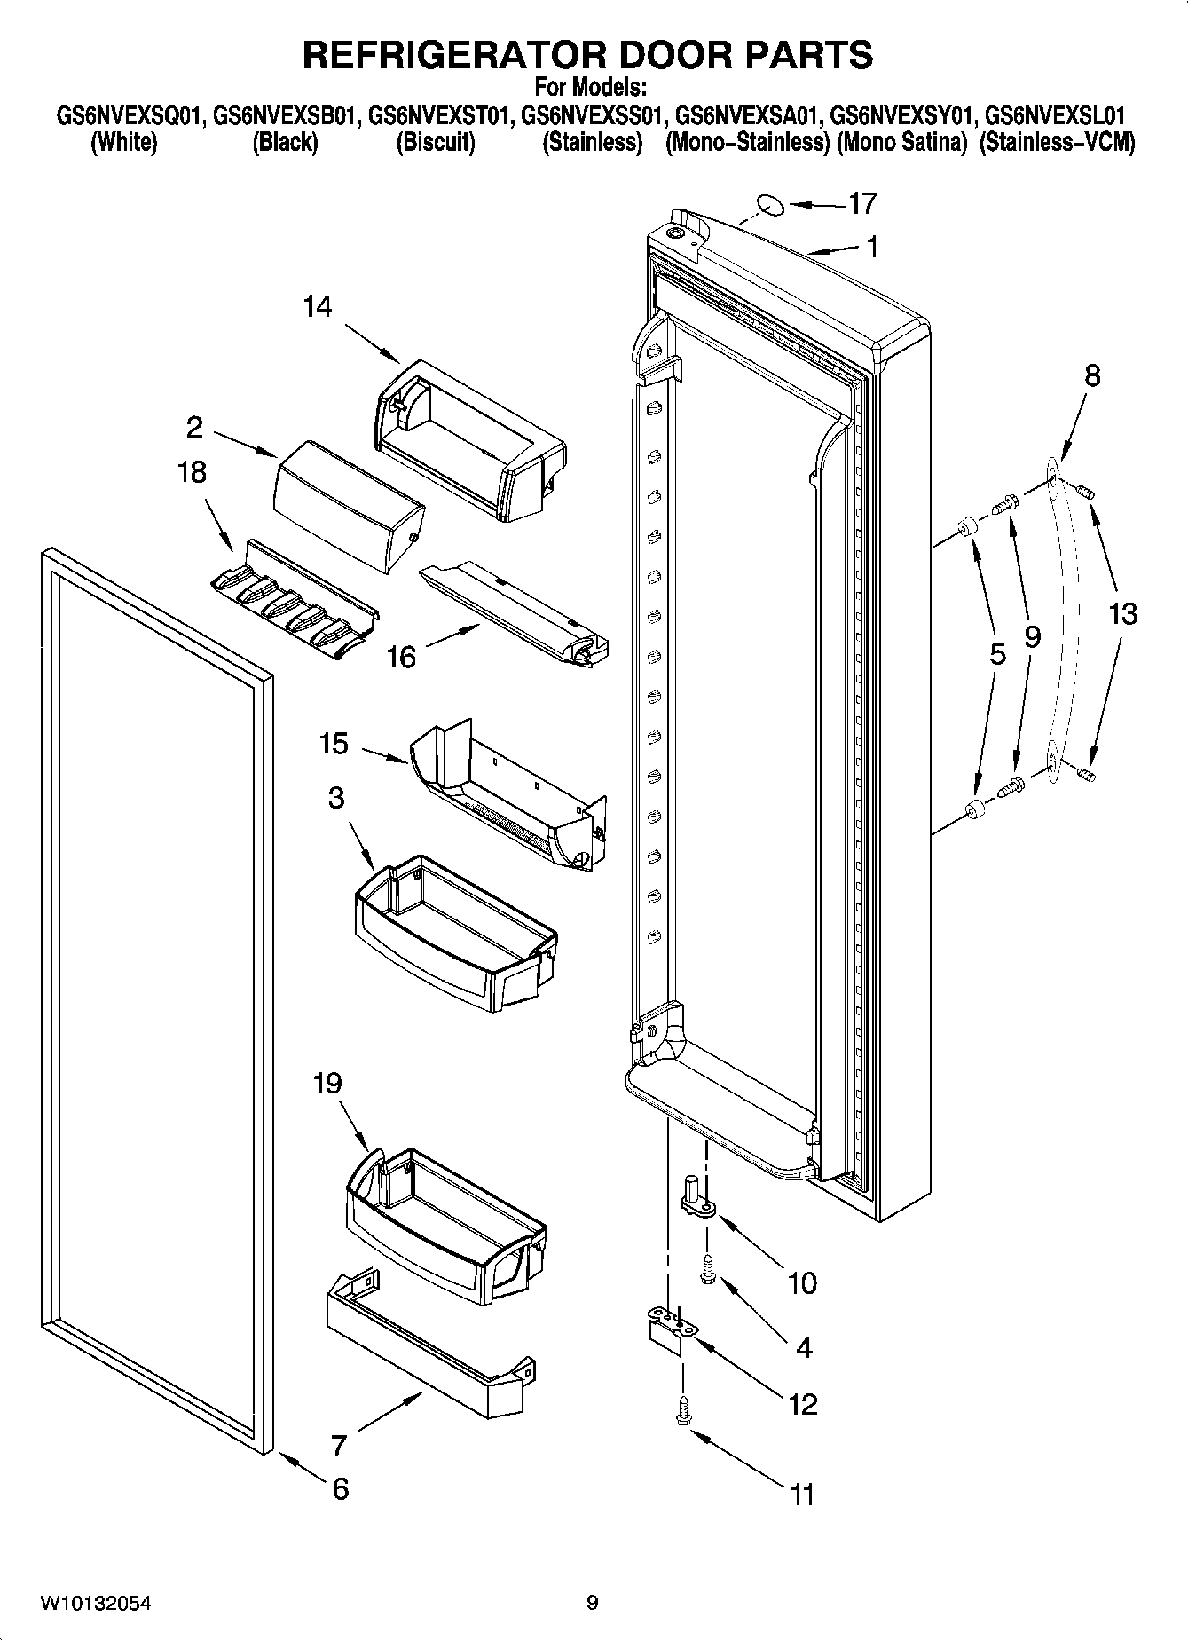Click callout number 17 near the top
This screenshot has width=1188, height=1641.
[x=861, y=204]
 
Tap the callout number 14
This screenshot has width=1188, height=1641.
[x=317, y=307]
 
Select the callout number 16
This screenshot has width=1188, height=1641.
[x=401, y=658]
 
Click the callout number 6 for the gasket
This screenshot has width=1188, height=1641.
[x=341, y=1488]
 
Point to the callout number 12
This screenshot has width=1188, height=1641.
[x=802, y=1404]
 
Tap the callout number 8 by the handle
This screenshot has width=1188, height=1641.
[x=1092, y=376]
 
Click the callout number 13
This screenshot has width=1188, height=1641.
[x=1122, y=613]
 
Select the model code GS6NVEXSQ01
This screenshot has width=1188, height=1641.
[x=130, y=116]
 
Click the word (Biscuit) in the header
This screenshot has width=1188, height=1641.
[x=435, y=143]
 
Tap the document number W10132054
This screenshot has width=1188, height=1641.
[x=95, y=1604]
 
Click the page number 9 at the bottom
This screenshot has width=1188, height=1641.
[x=593, y=1603]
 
